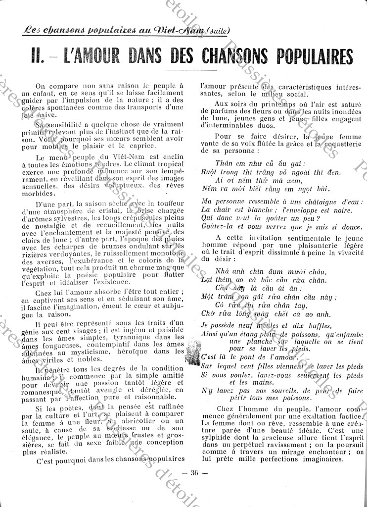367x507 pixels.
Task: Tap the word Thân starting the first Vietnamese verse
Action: coord(224,163)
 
